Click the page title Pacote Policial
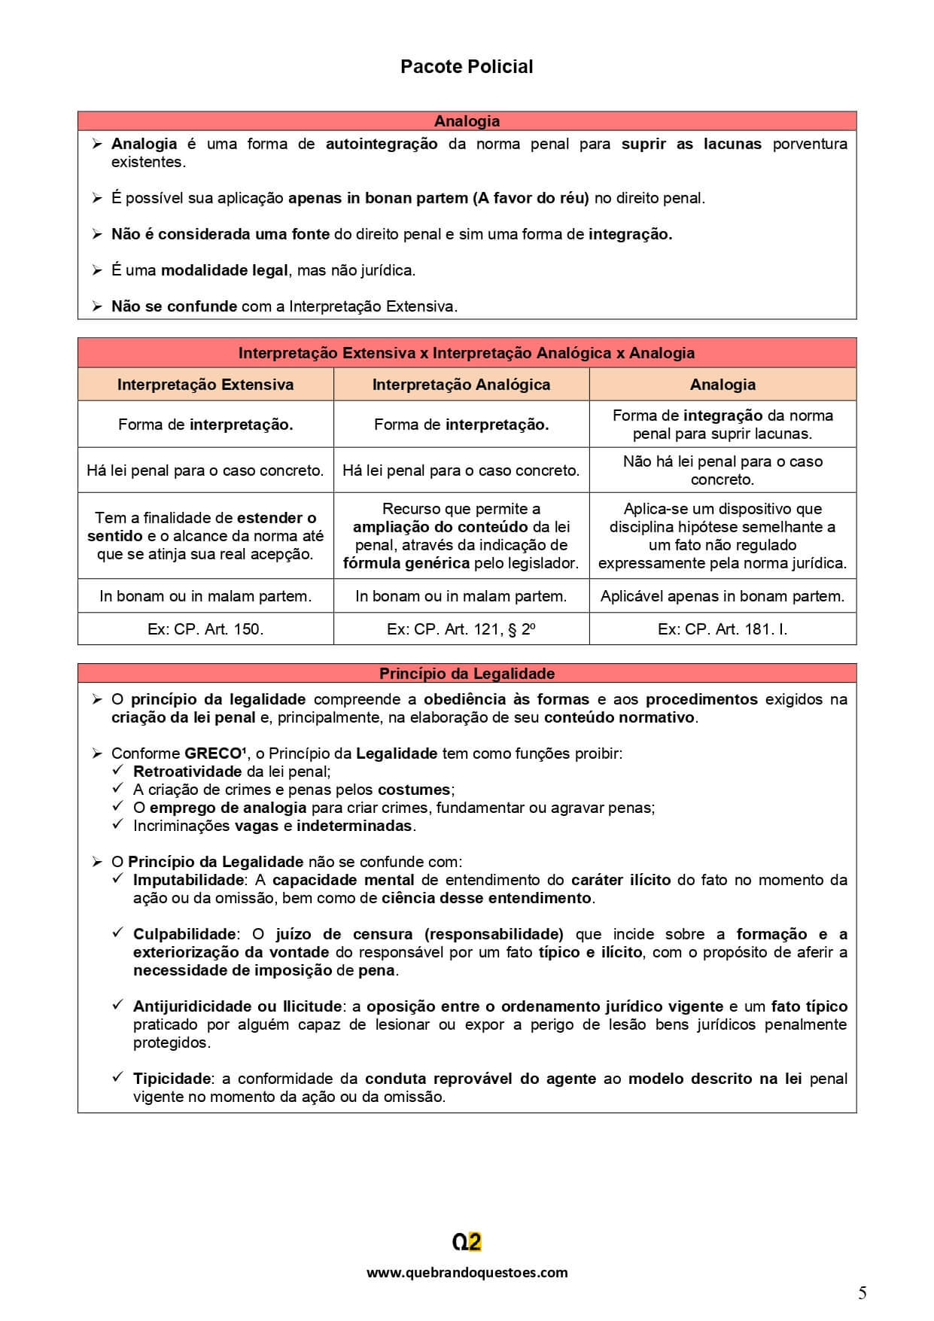467,67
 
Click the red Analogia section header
467,121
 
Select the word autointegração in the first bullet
381,144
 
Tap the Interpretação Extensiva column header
205,385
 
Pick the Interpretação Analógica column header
461,385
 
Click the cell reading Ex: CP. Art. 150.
205,629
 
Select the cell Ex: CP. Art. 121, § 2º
461,629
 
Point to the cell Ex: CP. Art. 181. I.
723,629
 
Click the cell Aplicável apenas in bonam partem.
723,596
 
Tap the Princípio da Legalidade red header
467,674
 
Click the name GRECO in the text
214,753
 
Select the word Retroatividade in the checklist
187,772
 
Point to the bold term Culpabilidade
184,934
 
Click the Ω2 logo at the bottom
467,1242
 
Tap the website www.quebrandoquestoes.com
467,1273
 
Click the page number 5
862,1293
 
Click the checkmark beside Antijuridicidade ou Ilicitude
117,1006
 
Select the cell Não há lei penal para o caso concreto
723,470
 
